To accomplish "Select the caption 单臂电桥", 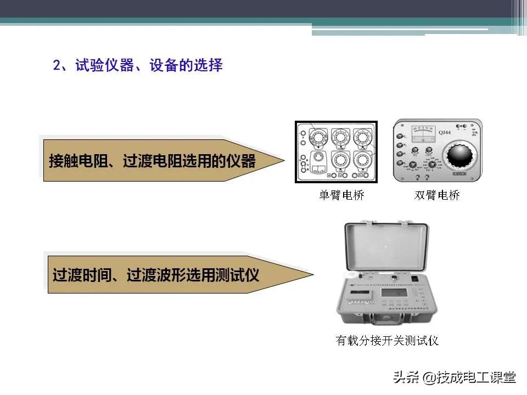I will [341, 195].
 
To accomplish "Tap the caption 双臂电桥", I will [437, 195].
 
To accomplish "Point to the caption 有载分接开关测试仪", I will [387, 341].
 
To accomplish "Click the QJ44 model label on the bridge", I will [446, 132].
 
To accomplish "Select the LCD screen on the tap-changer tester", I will [394, 296].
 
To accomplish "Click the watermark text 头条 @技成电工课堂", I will [454, 378].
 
